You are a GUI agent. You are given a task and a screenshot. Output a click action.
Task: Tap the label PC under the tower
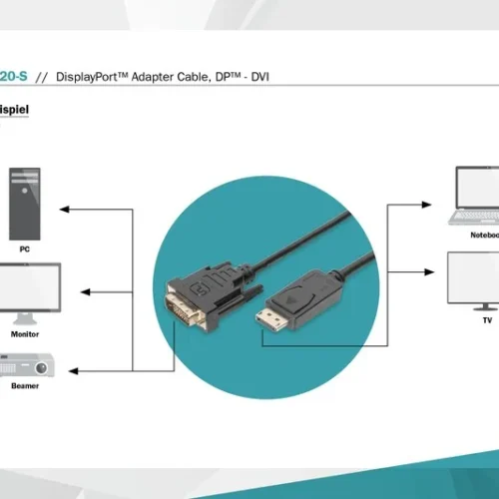[x=24, y=248]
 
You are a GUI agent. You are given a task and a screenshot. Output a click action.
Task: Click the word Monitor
[x=25, y=334]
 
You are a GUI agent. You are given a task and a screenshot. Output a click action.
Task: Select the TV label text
[x=487, y=321]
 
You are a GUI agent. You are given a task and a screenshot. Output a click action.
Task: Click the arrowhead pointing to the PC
[x=64, y=210]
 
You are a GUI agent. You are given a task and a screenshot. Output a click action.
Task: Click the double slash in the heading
[x=42, y=76]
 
